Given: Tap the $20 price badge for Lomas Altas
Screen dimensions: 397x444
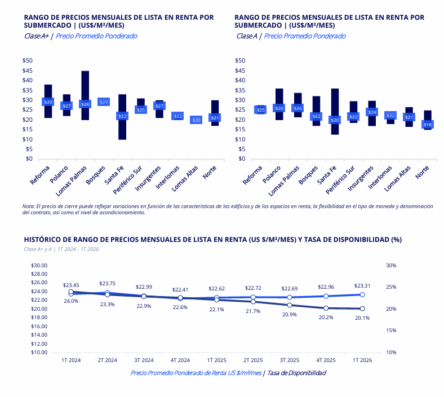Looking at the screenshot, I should pyautogui.click(x=196, y=120).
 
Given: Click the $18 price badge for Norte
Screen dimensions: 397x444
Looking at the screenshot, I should pyautogui.click(x=428, y=124).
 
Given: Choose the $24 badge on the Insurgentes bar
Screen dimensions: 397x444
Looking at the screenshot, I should pyautogui.click(x=372, y=112).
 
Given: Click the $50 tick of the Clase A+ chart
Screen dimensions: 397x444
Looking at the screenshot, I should pyautogui.click(x=27, y=60).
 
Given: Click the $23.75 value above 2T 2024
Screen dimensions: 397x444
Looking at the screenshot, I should pyautogui.click(x=107, y=284).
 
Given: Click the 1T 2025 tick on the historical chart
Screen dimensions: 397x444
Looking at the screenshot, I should pyautogui.click(x=216, y=359).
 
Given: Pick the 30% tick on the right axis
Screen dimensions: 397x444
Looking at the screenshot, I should pyautogui.click(x=391, y=265).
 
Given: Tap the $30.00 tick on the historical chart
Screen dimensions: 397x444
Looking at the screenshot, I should pyautogui.click(x=39, y=265).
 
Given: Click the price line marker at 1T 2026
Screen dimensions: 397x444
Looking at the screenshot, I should pyautogui.click(x=362, y=294).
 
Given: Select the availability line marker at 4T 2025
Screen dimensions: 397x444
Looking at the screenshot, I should pyautogui.click(x=326, y=308).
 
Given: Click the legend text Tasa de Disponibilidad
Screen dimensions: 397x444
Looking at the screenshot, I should pyautogui.click(x=296, y=373).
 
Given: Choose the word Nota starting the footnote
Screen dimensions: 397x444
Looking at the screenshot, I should pyautogui.click(x=28, y=207).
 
